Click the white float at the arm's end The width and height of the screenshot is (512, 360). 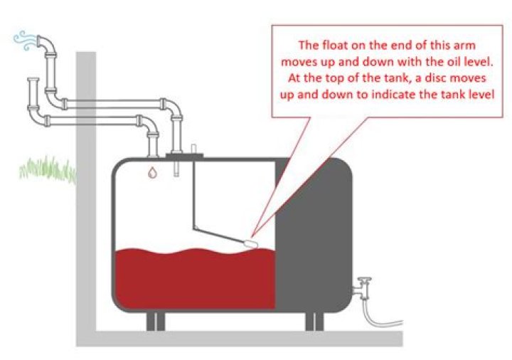click(x=251, y=244)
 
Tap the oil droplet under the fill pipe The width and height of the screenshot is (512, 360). click(x=152, y=172)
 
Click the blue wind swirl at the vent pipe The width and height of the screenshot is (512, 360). click(x=24, y=41)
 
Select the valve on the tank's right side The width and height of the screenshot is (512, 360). click(x=363, y=288)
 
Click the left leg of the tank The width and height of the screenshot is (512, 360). click(x=156, y=322)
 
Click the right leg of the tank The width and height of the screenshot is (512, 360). click(x=315, y=322)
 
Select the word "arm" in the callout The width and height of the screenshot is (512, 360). click(x=464, y=45)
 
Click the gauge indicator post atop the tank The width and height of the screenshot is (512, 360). click(x=193, y=149)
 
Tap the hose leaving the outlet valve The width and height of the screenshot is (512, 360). click(x=383, y=316)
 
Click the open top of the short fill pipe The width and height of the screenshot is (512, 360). click(x=33, y=80)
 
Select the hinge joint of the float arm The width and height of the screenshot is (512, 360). click(x=195, y=228)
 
